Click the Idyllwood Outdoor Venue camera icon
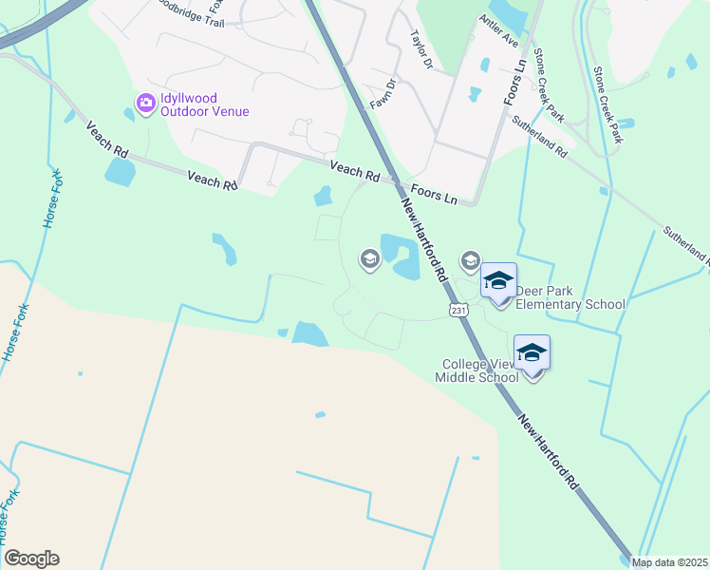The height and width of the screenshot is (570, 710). pyautogui.click(x=145, y=103)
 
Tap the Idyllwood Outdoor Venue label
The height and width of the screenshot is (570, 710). pyautogui.click(x=204, y=104)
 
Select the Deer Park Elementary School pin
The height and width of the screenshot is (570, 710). pyautogui.click(x=498, y=281)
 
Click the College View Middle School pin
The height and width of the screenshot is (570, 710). pyautogui.click(x=532, y=353)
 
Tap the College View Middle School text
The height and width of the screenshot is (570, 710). pyautogui.click(x=480, y=370)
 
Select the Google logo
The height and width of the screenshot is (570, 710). pyautogui.click(x=31, y=559)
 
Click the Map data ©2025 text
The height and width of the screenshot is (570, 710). pyautogui.click(x=670, y=562)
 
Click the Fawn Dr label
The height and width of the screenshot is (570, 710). pyautogui.click(x=382, y=92)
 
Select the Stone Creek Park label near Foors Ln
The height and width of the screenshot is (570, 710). pyautogui.click(x=550, y=85)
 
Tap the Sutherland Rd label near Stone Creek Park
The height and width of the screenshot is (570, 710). pyautogui.click(x=539, y=136)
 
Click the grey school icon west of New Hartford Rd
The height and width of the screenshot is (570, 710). pyautogui.click(x=369, y=258)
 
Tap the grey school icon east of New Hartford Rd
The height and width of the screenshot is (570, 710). pyautogui.click(x=470, y=260)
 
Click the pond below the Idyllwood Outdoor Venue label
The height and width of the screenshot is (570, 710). pyautogui.click(x=120, y=172)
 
